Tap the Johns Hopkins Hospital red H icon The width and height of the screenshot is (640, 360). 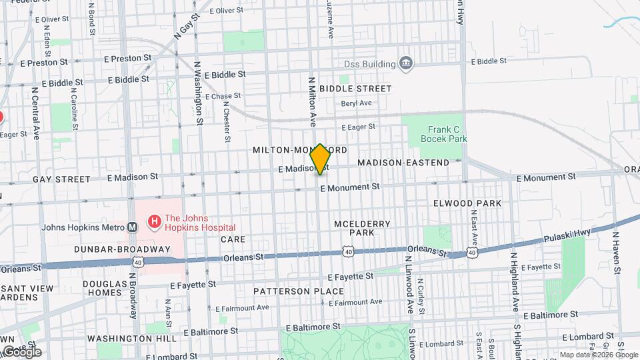click(x=154, y=220)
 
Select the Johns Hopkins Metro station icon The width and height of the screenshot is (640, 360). click(x=133, y=227)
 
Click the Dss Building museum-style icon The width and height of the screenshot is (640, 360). click(x=406, y=64)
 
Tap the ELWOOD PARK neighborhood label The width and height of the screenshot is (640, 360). click(x=467, y=203)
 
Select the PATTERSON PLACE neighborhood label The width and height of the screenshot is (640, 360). click(x=297, y=291)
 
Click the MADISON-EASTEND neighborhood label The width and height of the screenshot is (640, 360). click(x=403, y=163)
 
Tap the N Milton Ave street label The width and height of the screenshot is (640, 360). click(x=311, y=101)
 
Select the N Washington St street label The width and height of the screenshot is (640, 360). click(x=198, y=93)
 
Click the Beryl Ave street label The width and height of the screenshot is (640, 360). click(x=356, y=103)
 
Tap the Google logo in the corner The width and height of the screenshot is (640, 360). click(x=21, y=351)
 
